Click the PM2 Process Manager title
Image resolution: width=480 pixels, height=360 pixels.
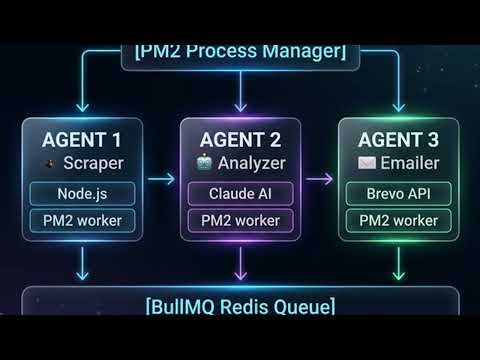(239, 51)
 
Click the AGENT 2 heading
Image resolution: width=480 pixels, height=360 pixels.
(239, 138)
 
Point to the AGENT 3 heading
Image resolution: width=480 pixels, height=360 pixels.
(398, 138)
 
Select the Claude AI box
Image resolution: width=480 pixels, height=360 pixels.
(239, 194)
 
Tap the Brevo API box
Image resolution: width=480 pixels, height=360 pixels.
(398, 194)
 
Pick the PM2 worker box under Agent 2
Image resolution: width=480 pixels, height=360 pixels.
(239, 220)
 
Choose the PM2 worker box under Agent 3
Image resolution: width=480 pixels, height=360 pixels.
(398, 220)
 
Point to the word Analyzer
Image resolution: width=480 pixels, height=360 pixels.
(251, 162)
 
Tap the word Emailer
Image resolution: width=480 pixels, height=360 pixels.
(410, 162)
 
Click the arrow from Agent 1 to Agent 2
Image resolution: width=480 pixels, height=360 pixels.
(159, 180)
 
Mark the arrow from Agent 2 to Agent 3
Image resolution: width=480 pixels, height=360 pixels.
(318, 180)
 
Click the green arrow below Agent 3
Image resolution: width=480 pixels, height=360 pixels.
(398, 264)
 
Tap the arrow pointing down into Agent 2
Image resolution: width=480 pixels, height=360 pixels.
(239, 96)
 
